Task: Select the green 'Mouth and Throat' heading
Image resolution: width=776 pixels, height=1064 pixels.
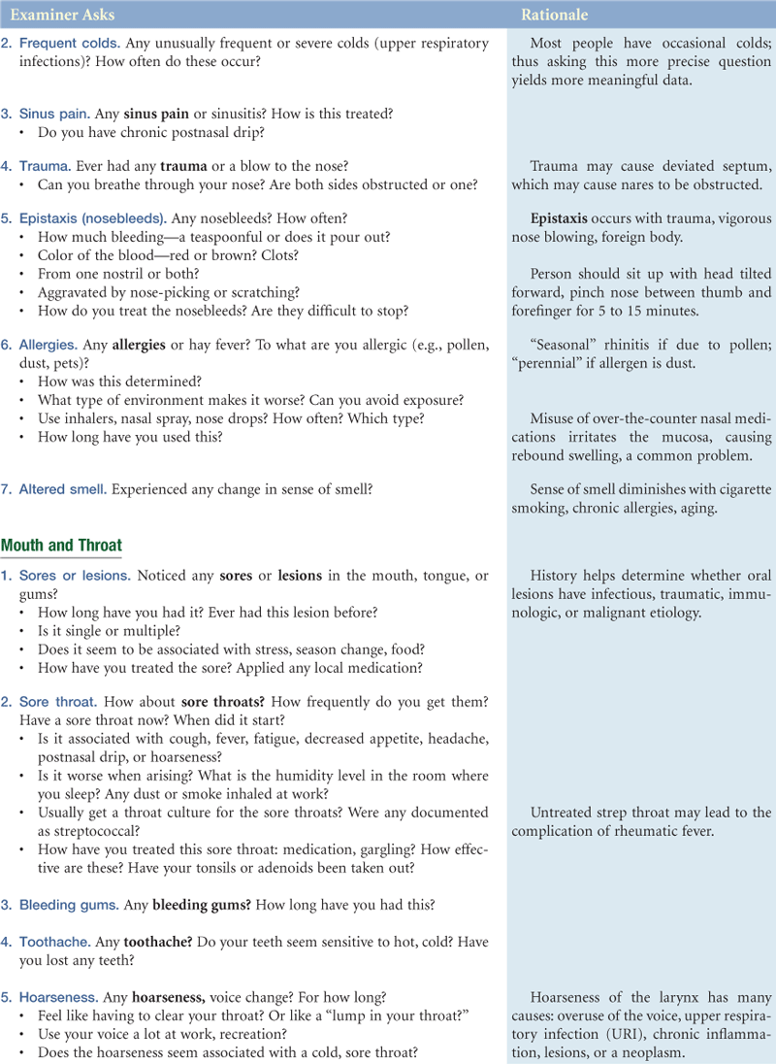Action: [61, 546]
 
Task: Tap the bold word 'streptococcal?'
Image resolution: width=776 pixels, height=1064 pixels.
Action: [84, 831]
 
